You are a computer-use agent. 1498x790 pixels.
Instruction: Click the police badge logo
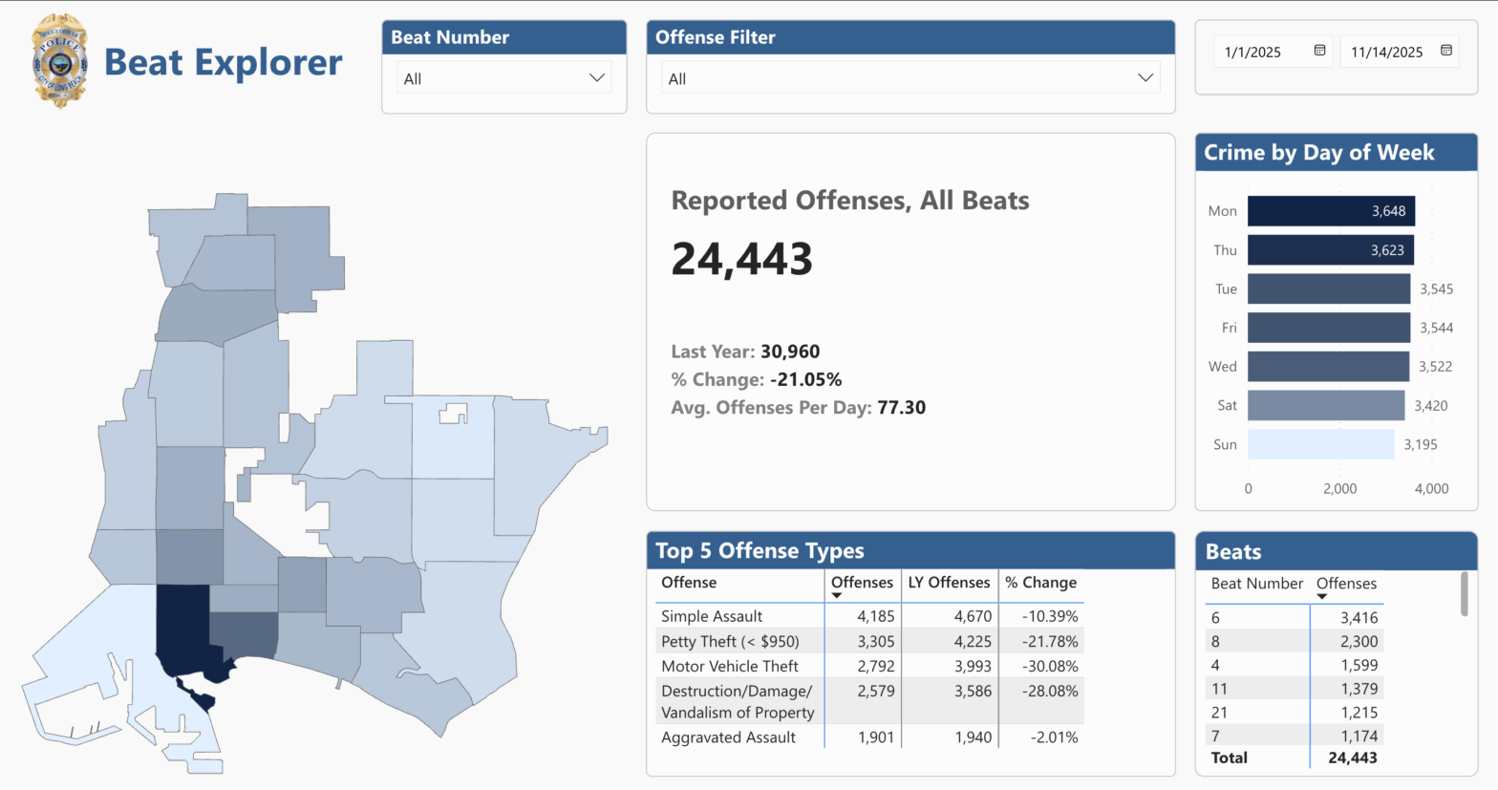[59, 61]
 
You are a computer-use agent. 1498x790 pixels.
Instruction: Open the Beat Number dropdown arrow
[597, 78]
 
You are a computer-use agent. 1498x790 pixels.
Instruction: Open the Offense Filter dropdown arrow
[1145, 78]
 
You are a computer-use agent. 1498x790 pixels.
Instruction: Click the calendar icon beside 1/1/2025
[1319, 51]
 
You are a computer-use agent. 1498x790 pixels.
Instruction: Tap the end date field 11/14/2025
[1386, 53]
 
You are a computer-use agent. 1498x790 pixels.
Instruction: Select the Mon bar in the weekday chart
[1330, 211]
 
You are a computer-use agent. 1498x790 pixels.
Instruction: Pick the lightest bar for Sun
[1320, 444]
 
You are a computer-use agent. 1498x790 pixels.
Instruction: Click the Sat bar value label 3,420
[1430, 406]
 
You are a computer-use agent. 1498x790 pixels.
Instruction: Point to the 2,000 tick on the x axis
[1339, 488]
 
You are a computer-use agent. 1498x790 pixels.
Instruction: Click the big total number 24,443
[741, 259]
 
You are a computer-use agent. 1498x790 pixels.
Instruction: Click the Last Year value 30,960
[790, 352]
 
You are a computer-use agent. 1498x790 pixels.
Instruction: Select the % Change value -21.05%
[805, 379]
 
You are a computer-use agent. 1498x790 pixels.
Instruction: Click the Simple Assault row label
[712, 616]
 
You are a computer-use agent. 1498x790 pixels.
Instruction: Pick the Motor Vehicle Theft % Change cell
[1049, 666]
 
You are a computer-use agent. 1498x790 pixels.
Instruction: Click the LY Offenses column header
[949, 583]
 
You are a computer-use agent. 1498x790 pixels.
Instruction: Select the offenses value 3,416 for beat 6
[1359, 618]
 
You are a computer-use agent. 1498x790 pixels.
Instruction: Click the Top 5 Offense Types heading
[760, 551]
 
